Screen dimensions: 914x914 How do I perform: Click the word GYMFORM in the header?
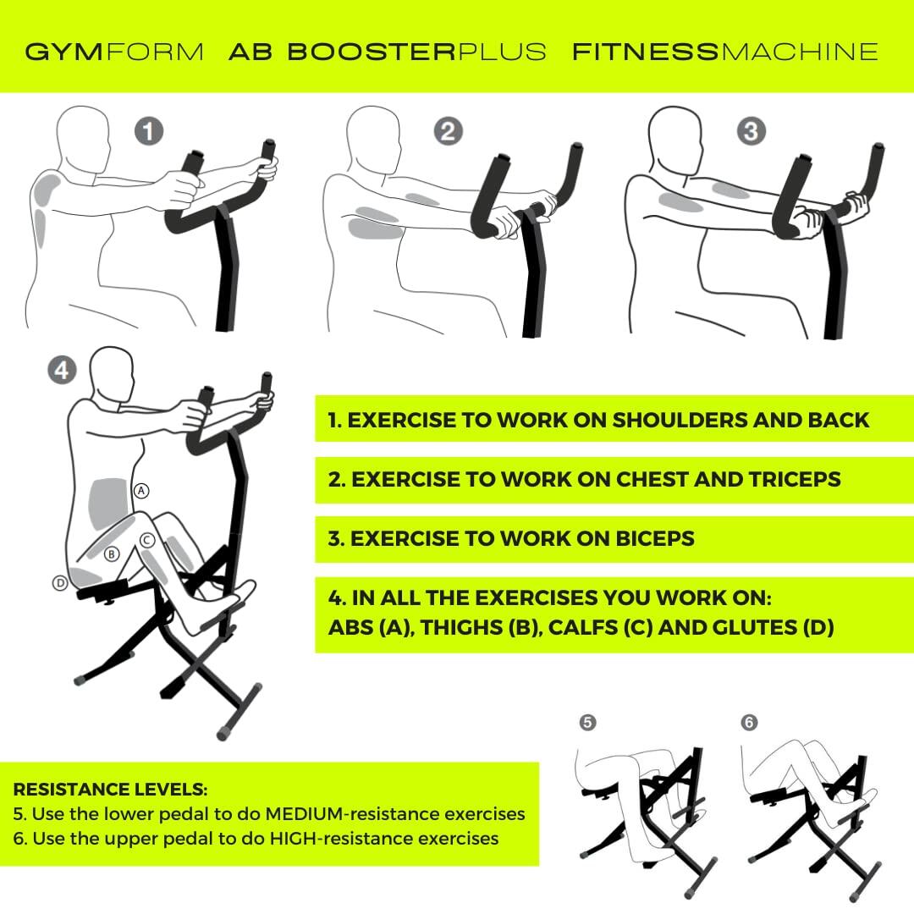pyautogui.click(x=114, y=52)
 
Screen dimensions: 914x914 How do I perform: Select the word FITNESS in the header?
pyautogui.click(x=645, y=52)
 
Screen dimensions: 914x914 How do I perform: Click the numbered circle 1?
pyautogui.click(x=149, y=132)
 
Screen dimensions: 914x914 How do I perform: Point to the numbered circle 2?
pyautogui.click(x=448, y=131)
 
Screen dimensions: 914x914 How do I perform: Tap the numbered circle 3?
pyautogui.click(x=751, y=131)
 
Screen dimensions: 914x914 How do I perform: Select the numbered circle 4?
pyautogui.click(x=62, y=370)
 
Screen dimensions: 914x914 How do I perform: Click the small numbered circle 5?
pyautogui.click(x=587, y=722)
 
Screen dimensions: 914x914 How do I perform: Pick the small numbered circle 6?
pyautogui.click(x=749, y=722)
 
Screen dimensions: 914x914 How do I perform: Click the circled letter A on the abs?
pyautogui.click(x=141, y=490)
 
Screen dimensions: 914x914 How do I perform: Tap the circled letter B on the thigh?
pyautogui.click(x=111, y=554)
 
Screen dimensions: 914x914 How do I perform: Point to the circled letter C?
pyautogui.click(x=146, y=539)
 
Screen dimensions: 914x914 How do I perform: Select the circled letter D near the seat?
pyautogui.click(x=59, y=582)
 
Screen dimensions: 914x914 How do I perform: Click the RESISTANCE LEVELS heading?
pyautogui.click(x=110, y=790)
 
